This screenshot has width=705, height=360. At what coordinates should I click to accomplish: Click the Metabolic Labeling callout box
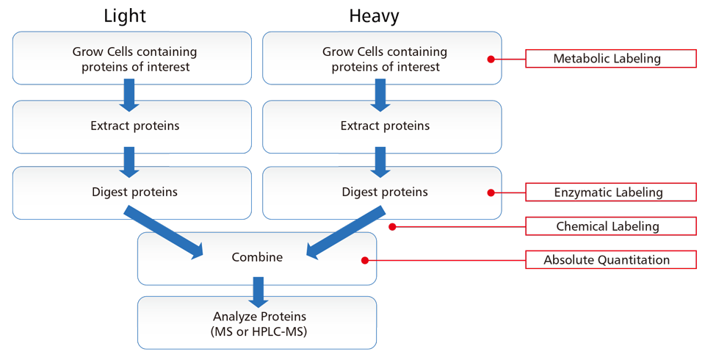coord(610,59)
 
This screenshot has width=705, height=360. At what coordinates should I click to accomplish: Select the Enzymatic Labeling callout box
coord(610,192)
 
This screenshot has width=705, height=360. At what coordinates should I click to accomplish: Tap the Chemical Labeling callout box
coord(610,226)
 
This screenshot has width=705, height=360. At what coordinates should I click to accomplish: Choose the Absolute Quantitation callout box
coord(610,260)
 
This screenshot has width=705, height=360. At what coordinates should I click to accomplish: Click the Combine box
coord(257,258)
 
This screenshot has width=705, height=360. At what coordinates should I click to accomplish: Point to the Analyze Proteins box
coord(257,323)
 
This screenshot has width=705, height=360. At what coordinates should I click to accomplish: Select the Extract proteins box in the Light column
coord(134,126)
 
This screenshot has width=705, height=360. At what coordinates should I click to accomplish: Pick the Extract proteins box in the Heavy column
coord(384,126)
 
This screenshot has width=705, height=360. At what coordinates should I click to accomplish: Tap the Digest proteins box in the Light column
coord(134,192)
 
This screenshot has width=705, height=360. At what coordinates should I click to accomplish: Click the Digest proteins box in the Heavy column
coord(384,192)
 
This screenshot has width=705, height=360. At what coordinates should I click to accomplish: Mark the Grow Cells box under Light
coord(134,59)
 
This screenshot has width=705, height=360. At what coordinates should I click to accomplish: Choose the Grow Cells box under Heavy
coord(384,59)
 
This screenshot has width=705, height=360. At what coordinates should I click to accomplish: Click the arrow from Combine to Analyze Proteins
coord(257,291)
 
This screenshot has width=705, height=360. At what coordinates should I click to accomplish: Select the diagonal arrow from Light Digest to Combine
coord(166,234)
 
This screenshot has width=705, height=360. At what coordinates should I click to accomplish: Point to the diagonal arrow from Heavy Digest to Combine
coord(345,234)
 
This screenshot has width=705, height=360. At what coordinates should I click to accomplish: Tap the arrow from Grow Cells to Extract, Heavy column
coord(380,94)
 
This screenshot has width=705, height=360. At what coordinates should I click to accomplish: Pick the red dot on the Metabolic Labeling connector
coord(490,59)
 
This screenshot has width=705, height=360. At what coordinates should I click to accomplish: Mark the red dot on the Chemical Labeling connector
coord(393,226)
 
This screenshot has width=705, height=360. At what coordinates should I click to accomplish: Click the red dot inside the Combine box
coord(364,259)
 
